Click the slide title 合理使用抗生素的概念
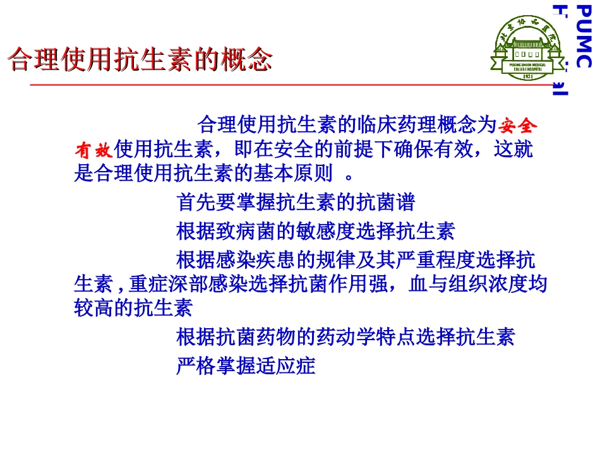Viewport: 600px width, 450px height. pos(140,61)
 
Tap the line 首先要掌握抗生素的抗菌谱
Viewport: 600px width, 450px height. pos(296,202)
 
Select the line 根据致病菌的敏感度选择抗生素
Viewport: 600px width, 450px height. pos(315,232)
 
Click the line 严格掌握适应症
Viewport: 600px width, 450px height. pos(245,366)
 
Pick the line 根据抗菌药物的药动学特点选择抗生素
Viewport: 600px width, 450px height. pos(345,337)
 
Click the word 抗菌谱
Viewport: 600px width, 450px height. pos(395,202)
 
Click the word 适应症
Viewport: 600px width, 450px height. pos(294,366)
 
